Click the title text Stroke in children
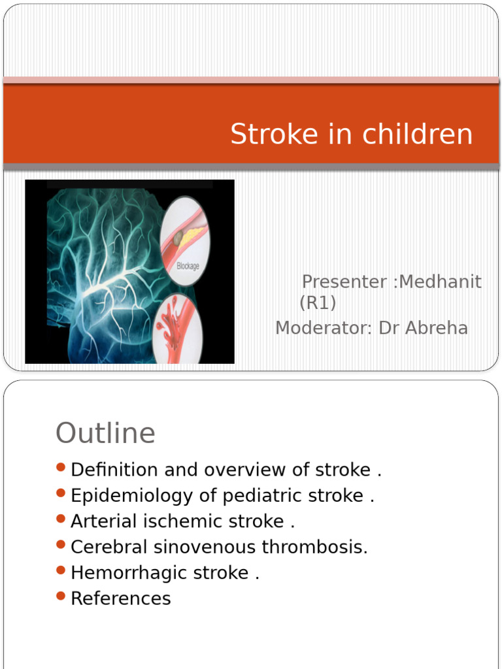pyautogui.click(x=351, y=135)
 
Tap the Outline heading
pyautogui.click(x=105, y=433)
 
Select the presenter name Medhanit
pyautogui.click(x=440, y=282)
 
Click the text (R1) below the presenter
pyautogui.click(x=317, y=303)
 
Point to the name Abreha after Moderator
pyautogui.click(x=436, y=328)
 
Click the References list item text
pyautogui.click(x=121, y=598)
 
